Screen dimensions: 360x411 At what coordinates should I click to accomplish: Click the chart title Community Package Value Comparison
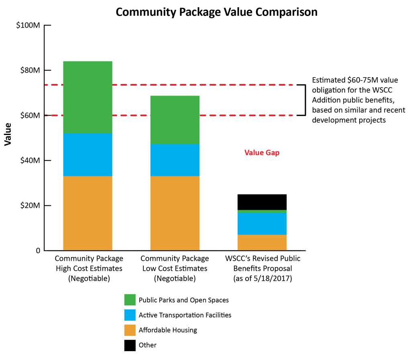[216, 12]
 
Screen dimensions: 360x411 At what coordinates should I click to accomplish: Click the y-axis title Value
[8, 137]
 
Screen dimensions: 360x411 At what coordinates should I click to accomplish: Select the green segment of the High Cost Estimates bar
[87, 97]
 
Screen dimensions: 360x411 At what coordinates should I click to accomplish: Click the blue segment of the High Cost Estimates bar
[87, 155]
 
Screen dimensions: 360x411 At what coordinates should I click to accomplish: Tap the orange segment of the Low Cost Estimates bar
[175, 213]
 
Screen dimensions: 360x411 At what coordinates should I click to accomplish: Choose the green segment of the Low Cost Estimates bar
[175, 120]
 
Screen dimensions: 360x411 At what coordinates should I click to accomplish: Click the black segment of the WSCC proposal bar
[262, 202]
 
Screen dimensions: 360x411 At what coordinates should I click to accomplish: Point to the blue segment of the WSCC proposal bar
[262, 223]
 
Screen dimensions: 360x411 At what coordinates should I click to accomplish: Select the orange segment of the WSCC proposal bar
[262, 243]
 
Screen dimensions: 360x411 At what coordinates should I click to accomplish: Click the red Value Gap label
[262, 153]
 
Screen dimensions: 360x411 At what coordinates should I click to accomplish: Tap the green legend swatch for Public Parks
[130, 300]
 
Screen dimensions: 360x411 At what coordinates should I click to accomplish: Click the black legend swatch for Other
[130, 345]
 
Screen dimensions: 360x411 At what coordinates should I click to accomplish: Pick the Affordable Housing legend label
[168, 330]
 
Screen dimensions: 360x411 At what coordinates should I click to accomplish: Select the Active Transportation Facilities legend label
[185, 315]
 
